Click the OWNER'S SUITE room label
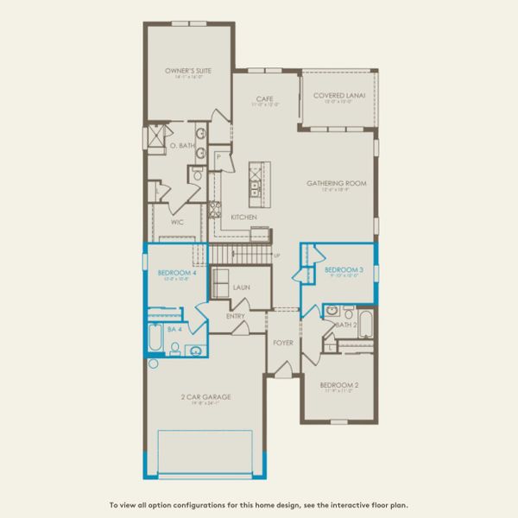pos(189,71)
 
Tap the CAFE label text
pos(265,99)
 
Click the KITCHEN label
pos(241,217)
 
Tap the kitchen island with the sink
pos(256,180)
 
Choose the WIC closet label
pos(177,222)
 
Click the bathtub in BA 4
pos(155,340)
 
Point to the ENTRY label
pos(236,316)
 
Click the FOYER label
pos(282,343)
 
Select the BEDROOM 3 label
pos(344,270)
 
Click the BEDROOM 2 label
pos(338,384)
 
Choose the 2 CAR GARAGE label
pos(205,397)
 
